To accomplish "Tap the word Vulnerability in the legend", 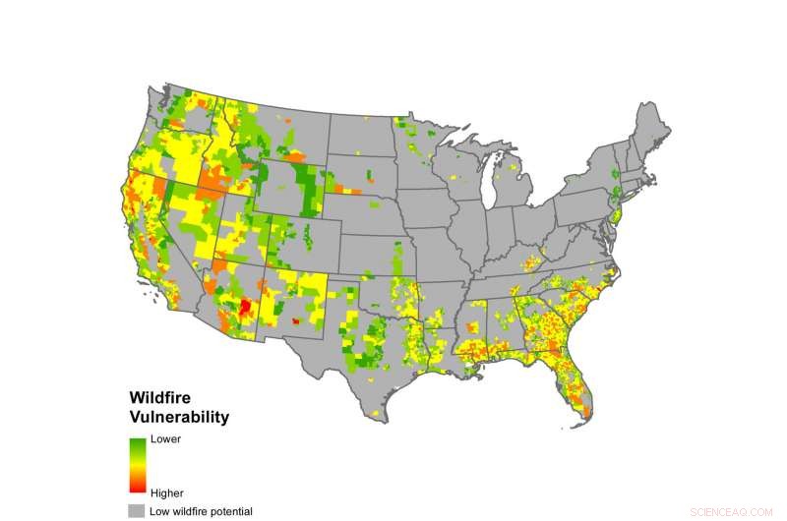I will (x=179, y=418).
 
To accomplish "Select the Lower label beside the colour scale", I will (x=164, y=439).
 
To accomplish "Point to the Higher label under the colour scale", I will (x=166, y=492).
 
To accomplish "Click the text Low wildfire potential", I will (x=203, y=511).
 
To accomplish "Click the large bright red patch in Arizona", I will (x=245, y=307).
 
